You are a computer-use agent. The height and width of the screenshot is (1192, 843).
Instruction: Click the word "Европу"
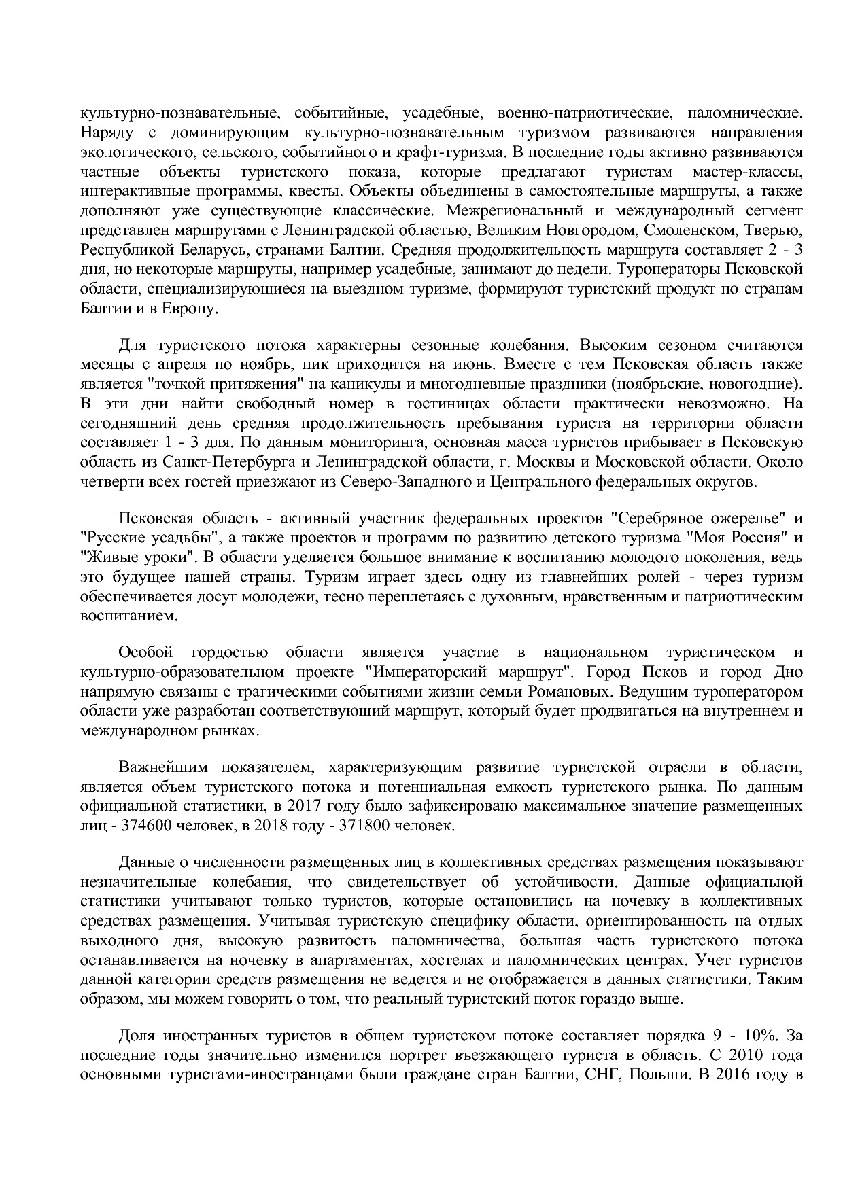click(195, 308)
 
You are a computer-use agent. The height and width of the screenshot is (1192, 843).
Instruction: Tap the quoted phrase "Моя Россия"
click(735, 538)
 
